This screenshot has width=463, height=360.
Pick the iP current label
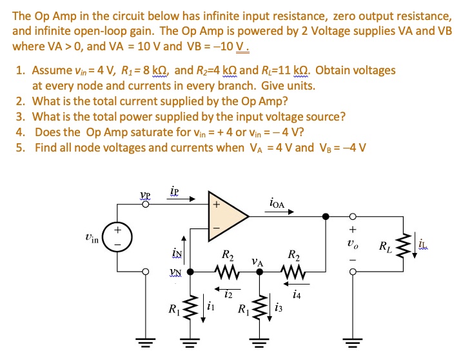click(x=175, y=192)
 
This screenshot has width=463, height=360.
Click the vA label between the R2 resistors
click(x=258, y=262)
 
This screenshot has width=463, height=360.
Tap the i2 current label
click(x=228, y=295)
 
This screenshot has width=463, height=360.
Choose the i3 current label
click(x=279, y=308)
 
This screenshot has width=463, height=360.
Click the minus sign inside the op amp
click(x=216, y=227)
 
